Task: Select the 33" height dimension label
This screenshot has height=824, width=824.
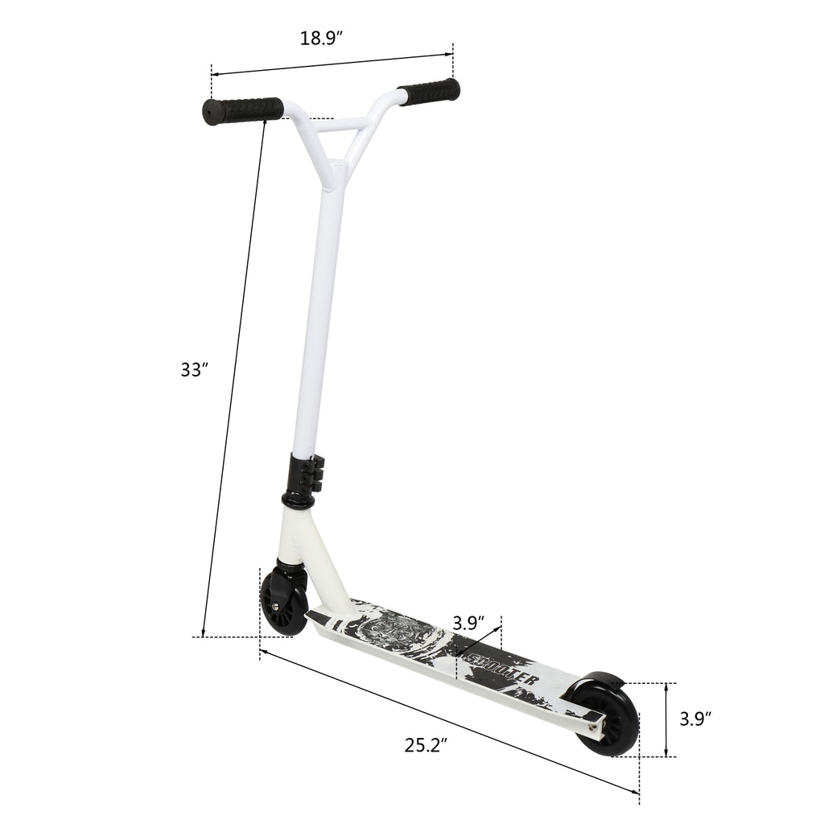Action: pos(194,369)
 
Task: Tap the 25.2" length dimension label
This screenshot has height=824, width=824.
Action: pos(426,745)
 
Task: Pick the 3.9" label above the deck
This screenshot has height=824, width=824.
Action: pos(468,623)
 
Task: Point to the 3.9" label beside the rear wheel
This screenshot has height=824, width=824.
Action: pos(694,719)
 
